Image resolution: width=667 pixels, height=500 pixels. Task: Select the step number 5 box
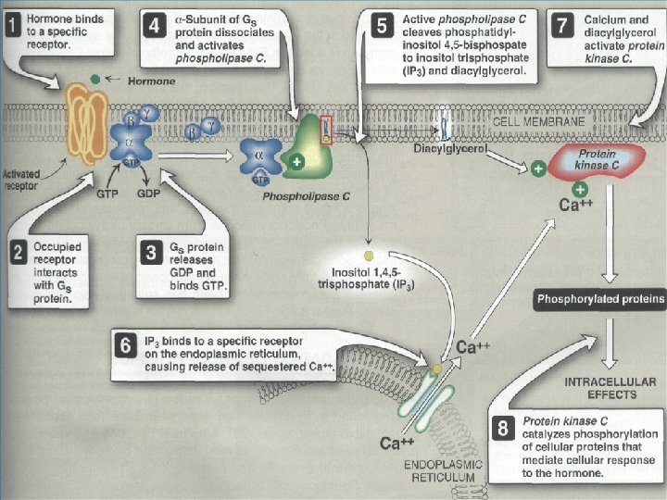pos(381,26)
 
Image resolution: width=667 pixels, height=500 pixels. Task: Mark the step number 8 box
pos(502,429)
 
